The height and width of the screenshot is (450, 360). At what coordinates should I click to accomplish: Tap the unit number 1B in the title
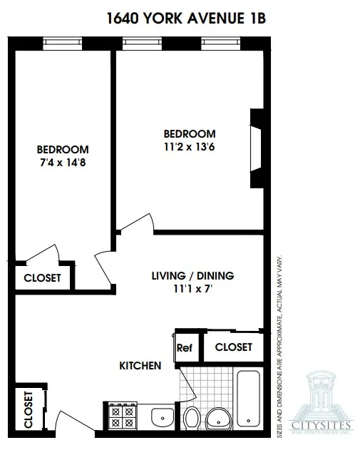(x=254, y=18)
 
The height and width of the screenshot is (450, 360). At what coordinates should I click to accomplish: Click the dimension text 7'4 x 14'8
(x=63, y=163)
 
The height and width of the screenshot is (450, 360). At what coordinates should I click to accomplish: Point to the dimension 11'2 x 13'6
(x=189, y=147)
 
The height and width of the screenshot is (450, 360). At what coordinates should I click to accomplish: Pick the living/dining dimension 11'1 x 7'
(x=192, y=289)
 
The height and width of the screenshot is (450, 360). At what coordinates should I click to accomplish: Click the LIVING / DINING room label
(x=192, y=276)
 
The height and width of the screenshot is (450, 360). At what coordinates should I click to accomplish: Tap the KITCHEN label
(x=140, y=366)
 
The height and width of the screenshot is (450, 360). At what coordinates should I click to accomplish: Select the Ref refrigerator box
(x=184, y=348)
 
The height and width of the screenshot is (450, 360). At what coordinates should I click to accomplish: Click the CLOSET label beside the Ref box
(x=233, y=347)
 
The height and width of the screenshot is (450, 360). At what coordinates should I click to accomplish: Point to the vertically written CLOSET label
(x=29, y=409)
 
